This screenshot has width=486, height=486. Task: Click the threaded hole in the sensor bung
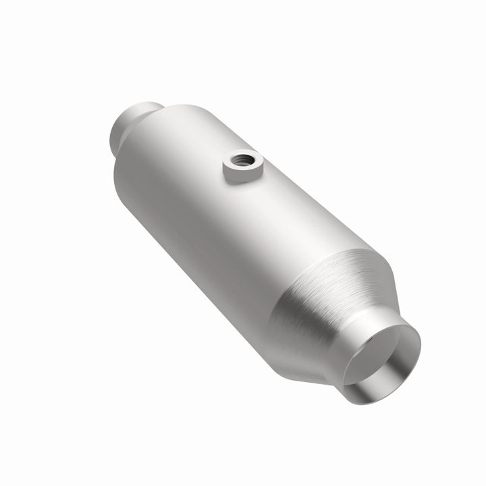point(244,161)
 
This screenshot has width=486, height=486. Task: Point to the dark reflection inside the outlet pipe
point(378,378)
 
